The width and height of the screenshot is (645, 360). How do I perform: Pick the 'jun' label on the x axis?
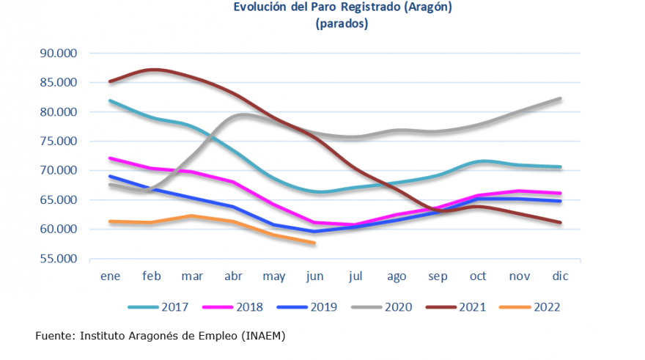[x=314, y=276]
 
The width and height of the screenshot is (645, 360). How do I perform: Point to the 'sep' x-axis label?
[x=437, y=276]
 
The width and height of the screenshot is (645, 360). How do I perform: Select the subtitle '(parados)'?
[x=342, y=23]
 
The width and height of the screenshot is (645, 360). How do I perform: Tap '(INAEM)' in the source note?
[x=262, y=336]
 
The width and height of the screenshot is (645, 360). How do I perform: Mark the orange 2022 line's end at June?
[x=314, y=243]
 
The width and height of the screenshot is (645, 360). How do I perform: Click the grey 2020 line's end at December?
[x=560, y=98]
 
